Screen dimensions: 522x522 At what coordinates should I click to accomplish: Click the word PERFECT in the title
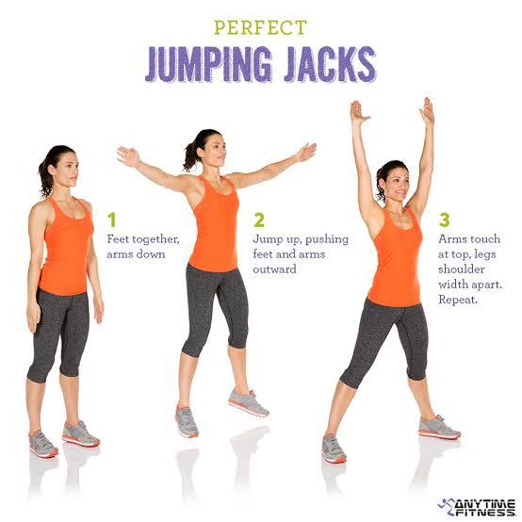(260, 27)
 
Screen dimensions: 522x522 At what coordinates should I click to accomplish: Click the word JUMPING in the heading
(209, 64)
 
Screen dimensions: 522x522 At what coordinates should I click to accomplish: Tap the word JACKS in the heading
(330, 64)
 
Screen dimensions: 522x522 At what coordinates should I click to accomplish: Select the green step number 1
(112, 220)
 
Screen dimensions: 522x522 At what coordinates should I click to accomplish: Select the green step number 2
(259, 220)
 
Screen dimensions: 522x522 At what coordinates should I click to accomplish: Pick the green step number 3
(445, 220)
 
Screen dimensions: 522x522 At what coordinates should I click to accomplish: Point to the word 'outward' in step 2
(274, 269)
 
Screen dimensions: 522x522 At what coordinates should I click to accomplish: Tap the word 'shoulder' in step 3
(461, 269)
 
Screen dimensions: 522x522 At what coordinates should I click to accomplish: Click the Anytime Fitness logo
(477, 507)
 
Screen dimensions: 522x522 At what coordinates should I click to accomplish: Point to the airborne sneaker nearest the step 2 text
(249, 403)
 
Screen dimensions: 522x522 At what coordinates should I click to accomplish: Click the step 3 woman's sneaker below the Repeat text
(439, 427)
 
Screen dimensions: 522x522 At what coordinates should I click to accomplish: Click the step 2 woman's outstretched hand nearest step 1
(128, 156)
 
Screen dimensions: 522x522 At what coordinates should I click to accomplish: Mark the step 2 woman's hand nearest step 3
(307, 153)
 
